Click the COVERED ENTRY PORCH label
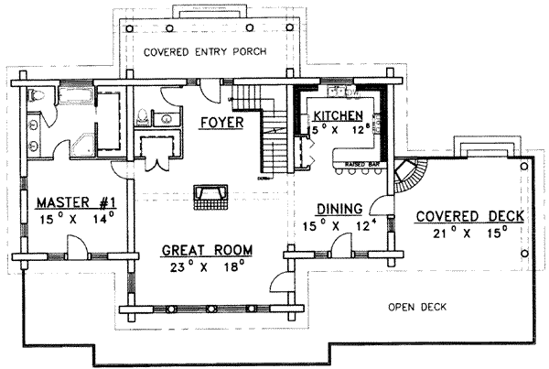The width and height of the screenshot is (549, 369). point(205,52)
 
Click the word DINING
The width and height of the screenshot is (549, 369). point(339,208)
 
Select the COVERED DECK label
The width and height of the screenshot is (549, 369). point(469,216)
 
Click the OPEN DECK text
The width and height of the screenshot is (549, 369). point(416,308)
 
